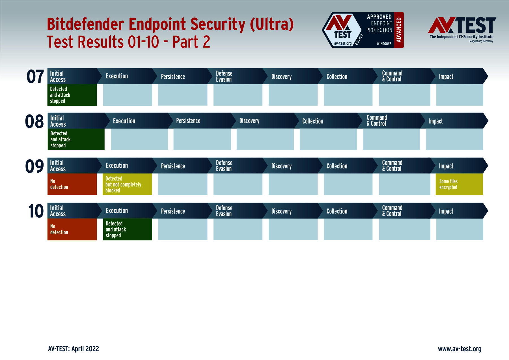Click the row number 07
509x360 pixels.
click(x=35, y=77)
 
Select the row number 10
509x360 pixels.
click(x=36, y=211)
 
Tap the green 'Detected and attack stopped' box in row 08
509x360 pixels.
click(x=76, y=139)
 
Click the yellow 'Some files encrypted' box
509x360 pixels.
click(x=459, y=184)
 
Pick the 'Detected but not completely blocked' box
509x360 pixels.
click(x=127, y=184)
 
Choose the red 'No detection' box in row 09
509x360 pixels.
click(x=72, y=184)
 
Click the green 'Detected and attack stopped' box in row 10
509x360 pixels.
click(x=127, y=229)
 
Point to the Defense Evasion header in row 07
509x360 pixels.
click(x=224, y=76)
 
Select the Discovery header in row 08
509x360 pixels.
click(x=249, y=121)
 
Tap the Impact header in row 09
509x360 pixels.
click(x=446, y=166)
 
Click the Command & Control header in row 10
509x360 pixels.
click(x=392, y=211)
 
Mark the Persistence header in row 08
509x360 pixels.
click(x=188, y=121)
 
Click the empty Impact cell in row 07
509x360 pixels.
click(x=460, y=95)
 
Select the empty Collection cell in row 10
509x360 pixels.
click(x=348, y=229)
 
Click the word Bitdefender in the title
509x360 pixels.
click(x=85, y=24)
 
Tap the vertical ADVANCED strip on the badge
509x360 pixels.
click(x=399, y=30)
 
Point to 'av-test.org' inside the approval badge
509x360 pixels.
click(x=343, y=44)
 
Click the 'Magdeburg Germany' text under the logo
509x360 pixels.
click(x=481, y=41)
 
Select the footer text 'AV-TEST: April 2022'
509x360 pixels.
click(x=74, y=349)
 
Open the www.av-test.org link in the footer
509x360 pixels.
click(x=460, y=349)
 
